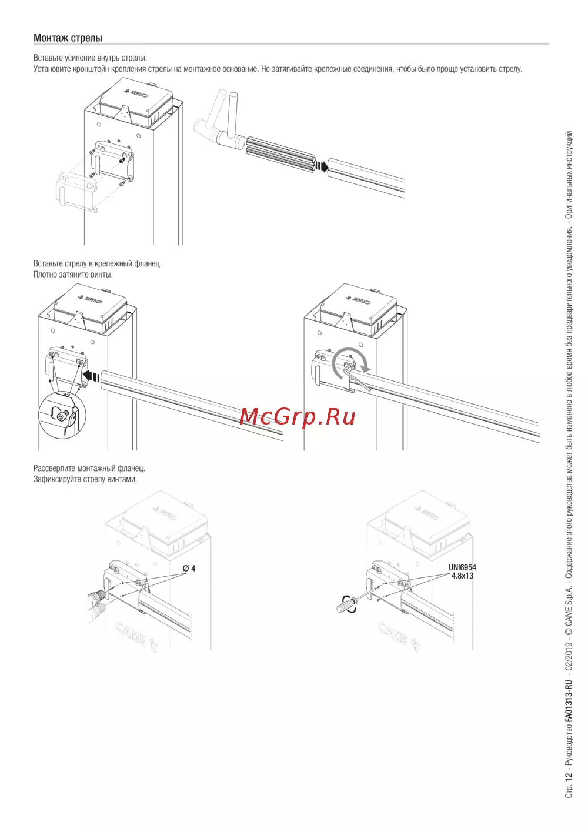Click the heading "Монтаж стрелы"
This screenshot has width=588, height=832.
click(x=68, y=38)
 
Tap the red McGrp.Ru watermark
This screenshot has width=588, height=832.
click(x=298, y=417)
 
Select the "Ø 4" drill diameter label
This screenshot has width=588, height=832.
click(x=189, y=568)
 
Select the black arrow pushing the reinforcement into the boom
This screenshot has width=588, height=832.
click(x=321, y=166)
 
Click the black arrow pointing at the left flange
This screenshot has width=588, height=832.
click(x=91, y=376)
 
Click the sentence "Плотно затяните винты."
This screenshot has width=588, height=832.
click(x=73, y=275)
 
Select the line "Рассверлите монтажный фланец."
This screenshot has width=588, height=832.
click(x=89, y=468)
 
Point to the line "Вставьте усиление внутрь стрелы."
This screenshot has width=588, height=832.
click(x=91, y=58)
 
